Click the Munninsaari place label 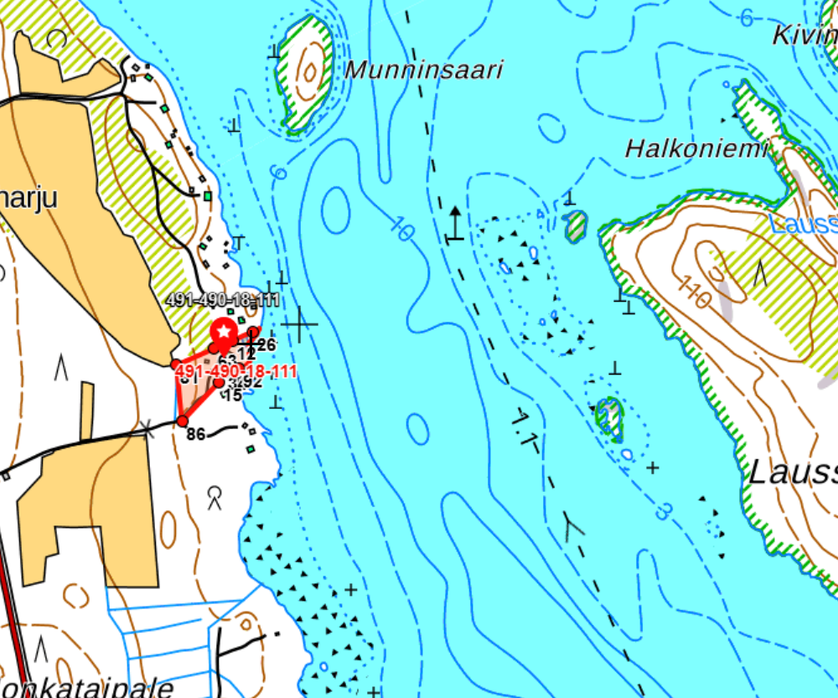click(x=424, y=70)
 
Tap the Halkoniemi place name click(x=696, y=149)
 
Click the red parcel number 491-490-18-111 click(x=237, y=371)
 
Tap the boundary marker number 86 click(x=196, y=434)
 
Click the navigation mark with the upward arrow click(x=454, y=225)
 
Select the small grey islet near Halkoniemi click(x=575, y=226)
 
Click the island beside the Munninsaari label click(x=303, y=75)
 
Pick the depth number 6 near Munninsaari click(x=279, y=173)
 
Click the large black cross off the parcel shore click(x=299, y=323)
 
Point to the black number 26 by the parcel click(x=266, y=344)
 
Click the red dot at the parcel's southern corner click(x=182, y=421)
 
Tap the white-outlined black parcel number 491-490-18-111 click(x=222, y=300)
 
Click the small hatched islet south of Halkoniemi click(x=610, y=417)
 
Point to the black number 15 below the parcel click(x=233, y=395)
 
